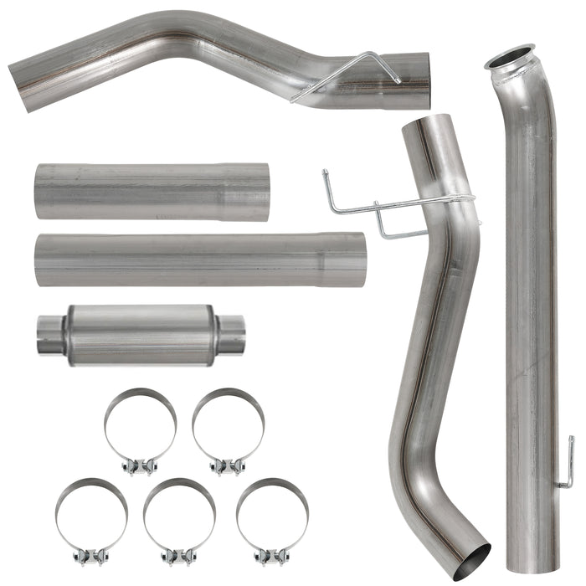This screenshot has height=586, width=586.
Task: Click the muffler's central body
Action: click(138, 335)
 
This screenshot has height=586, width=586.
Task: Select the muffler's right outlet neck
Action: click(232, 335)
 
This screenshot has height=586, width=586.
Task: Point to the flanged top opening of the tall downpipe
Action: click(510, 58)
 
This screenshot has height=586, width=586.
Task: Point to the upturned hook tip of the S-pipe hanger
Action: click(326, 175)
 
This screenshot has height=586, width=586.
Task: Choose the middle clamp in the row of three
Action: click(179, 519)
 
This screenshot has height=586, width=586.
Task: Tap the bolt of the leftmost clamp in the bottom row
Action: click(92, 555)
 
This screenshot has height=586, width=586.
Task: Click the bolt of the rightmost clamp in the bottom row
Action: click(272, 555)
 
